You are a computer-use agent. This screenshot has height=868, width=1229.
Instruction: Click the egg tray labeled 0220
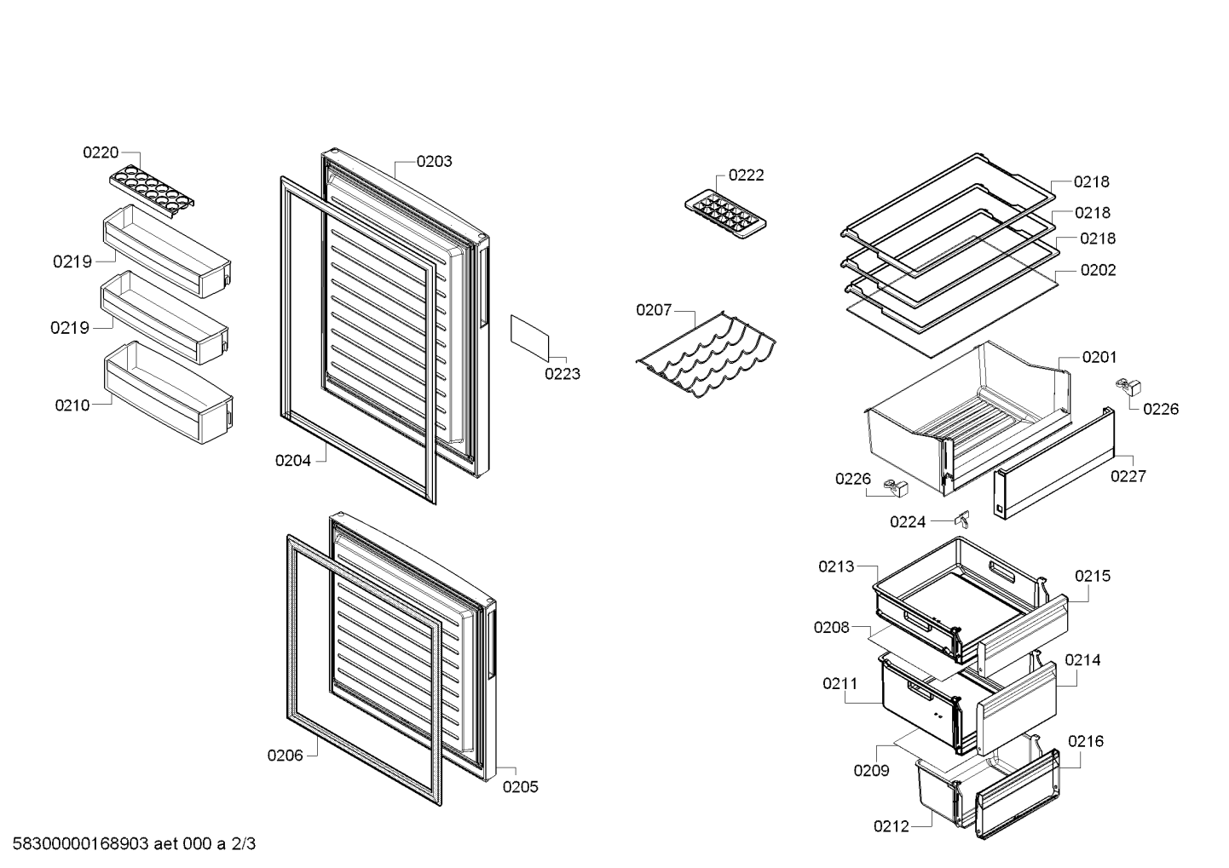[152, 193]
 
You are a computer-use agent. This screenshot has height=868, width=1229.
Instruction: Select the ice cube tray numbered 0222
[725, 215]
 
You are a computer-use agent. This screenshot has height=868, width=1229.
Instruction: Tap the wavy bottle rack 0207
[707, 354]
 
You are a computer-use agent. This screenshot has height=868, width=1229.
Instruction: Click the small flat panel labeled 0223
[529, 338]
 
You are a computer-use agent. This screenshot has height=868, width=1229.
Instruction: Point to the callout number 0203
[434, 161]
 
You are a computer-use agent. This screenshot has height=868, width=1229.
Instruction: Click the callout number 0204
[293, 461]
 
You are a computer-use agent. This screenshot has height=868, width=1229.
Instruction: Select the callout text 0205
[520, 787]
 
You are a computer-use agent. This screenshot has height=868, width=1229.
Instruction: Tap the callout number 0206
[285, 756]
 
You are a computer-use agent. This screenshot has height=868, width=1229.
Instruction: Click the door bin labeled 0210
[169, 392]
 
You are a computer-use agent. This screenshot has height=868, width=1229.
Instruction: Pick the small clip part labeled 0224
[963, 518]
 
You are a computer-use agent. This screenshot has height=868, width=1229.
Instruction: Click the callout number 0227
[1128, 476]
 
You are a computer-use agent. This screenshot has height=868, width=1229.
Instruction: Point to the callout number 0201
[1099, 357]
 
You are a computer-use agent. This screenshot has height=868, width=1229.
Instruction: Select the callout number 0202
[1098, 270]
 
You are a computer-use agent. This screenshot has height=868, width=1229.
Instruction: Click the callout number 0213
[836, 566]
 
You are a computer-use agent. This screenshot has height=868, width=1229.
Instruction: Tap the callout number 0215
[1093, 576]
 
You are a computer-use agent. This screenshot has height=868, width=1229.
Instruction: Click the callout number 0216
[1085, 741]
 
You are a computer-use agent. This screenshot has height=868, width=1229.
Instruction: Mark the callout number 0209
[871, 770]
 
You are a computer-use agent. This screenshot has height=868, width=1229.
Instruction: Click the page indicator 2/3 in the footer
[243, 844]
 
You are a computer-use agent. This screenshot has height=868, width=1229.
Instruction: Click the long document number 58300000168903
[81, 844]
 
